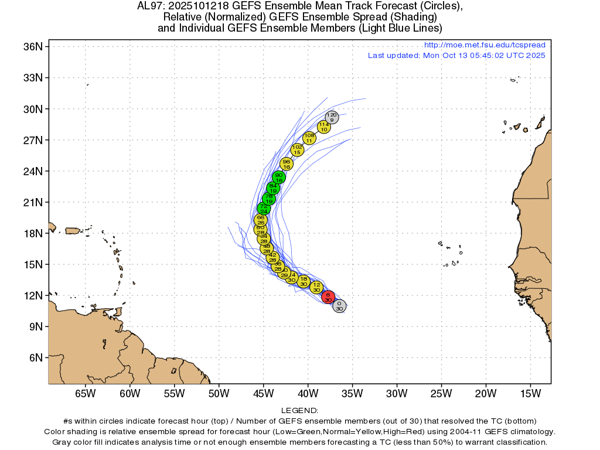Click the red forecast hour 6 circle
coord(328,297)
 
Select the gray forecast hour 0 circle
coord(339,305)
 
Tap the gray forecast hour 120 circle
coord(332,117)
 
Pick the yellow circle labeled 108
coord(309,138)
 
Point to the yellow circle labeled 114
coord(324,127)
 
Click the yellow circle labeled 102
coord(297,149)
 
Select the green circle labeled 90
coord(279,177)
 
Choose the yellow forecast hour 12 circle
coord(316,287)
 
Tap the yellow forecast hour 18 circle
coord(304,281)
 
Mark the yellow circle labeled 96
coord(287,164)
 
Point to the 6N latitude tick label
coord(35,357)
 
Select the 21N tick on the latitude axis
coord(33,202)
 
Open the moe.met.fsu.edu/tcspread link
coord(485,45)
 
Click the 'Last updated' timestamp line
coord(456,56)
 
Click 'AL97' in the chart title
coord(149,6)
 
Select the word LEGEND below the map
coord(299,411)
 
